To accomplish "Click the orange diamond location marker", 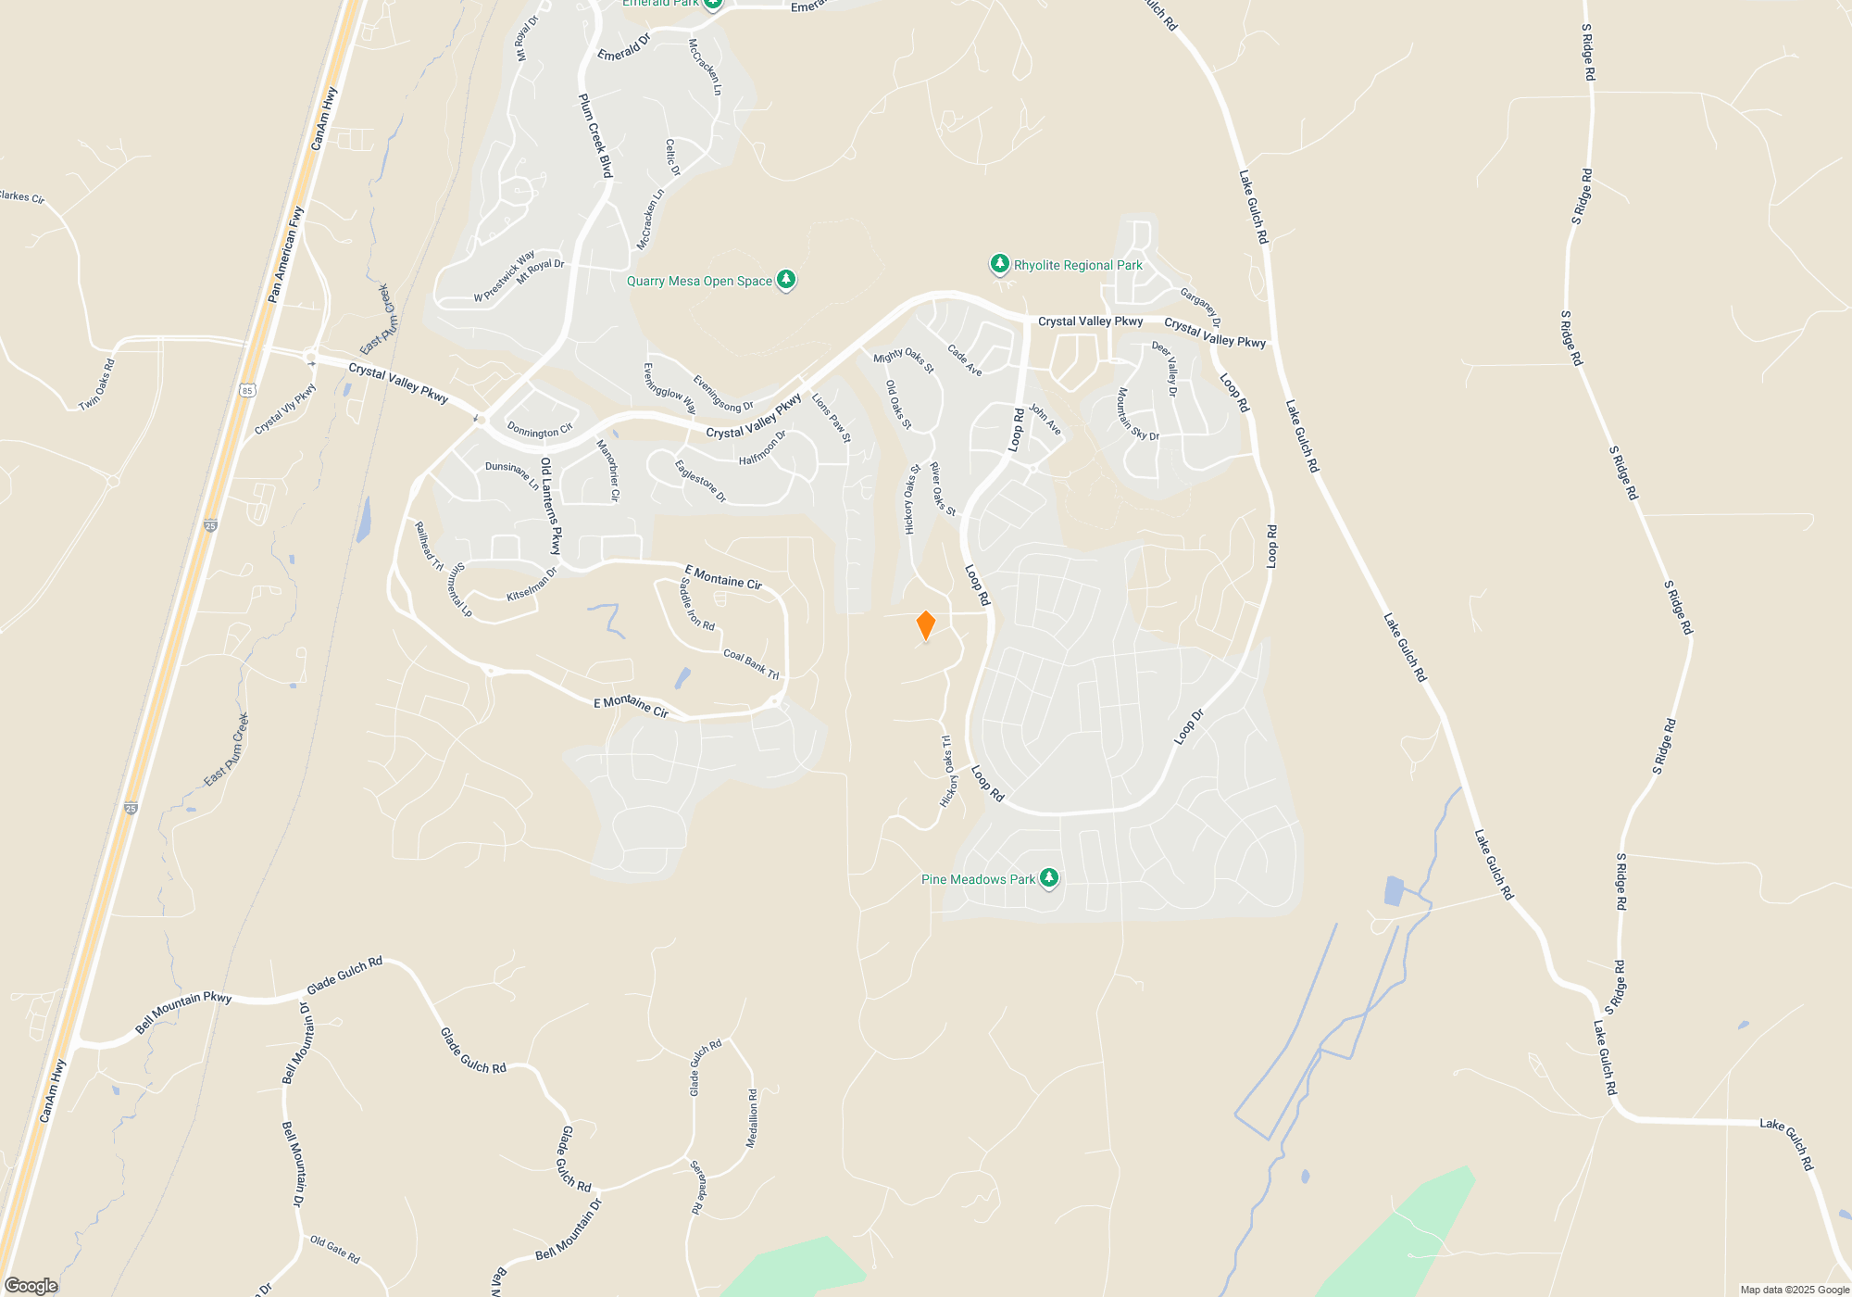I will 925,625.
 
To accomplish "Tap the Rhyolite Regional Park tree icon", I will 999,265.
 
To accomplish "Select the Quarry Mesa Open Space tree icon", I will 786,280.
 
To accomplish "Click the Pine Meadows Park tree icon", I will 1048,878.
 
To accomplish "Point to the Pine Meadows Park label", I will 978,879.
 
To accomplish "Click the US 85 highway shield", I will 246,391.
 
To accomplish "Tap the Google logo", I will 31,1285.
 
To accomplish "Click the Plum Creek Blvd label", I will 595,135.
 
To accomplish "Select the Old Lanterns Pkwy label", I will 551,505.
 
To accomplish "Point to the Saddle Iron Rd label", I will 696,605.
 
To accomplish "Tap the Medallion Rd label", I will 752,1119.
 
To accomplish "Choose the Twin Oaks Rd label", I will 97,384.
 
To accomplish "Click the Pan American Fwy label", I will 285,255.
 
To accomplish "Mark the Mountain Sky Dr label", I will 1136,415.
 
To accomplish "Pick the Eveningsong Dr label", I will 723,394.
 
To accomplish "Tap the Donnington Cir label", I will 540,431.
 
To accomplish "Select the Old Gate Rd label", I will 334,1250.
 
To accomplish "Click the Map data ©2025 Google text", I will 1794,1290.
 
